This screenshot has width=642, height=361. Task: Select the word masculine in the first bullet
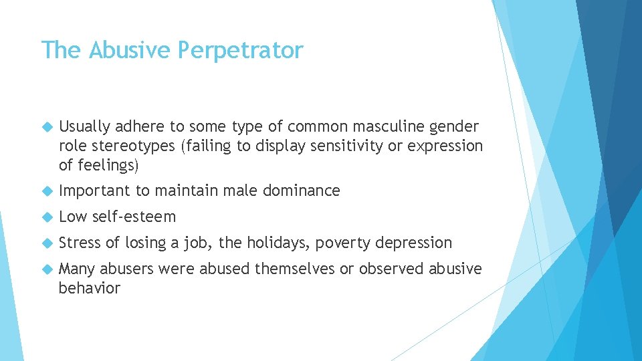(x=389, y=126)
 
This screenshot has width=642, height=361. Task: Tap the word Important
(x=95, y=191)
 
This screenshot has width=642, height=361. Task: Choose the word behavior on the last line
(x=90, y=288)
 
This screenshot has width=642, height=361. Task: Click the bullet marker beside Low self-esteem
(x=47, y=217)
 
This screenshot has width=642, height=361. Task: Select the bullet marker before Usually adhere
(x=47, y=127)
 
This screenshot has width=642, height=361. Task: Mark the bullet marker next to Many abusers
(x=47, y=269)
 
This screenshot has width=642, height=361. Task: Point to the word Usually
(x=84, y=126)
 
